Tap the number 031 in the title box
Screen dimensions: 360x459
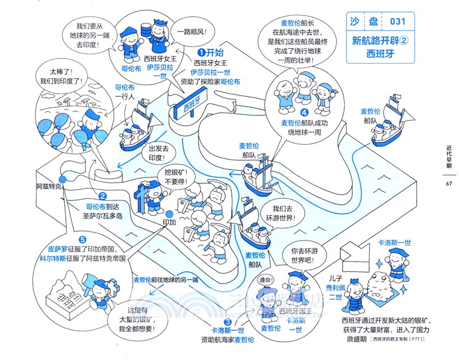coord(398,22)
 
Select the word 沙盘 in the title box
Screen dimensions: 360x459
coord(362,22)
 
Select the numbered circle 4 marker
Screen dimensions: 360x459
coord(305,113)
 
